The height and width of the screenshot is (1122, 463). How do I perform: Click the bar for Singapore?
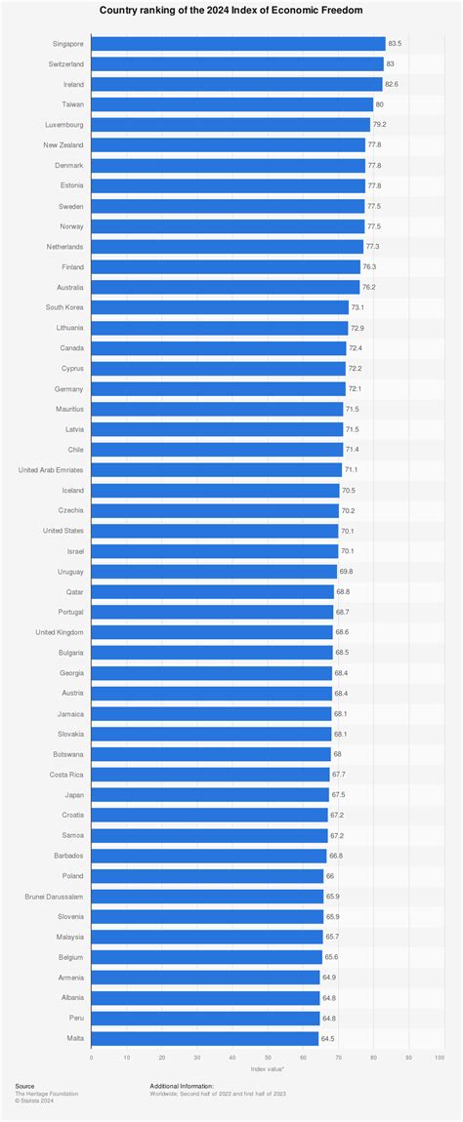click(x=237, y=44)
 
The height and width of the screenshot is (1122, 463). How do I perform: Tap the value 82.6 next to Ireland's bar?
click(x=393, y=84)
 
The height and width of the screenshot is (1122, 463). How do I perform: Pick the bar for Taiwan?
click(x=231, y=104)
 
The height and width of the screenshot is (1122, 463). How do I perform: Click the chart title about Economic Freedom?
click(x=231, y=10)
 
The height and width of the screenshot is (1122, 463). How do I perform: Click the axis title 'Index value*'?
click(x=267, y=1069)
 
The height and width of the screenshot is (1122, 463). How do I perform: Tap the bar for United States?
click(x=214, y=531)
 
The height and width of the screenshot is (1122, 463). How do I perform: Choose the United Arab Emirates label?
click(x=51, y=470)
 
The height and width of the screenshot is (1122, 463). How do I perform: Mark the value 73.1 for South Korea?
click(x=359, y=307)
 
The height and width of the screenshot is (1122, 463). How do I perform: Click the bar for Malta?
click(x=204, y=1038)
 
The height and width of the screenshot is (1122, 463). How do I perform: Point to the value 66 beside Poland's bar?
click(x=330, y=876)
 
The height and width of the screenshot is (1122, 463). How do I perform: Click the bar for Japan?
click(x=210, y=795)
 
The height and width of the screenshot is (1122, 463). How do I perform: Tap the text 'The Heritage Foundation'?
click(x=47, y=1094)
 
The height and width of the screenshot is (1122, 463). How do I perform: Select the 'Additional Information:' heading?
click(x=182, y=1085)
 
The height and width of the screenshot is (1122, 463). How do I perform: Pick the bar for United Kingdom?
click(x=212, y=632)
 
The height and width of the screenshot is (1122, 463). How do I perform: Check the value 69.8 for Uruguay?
click(x=346, y=572)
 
